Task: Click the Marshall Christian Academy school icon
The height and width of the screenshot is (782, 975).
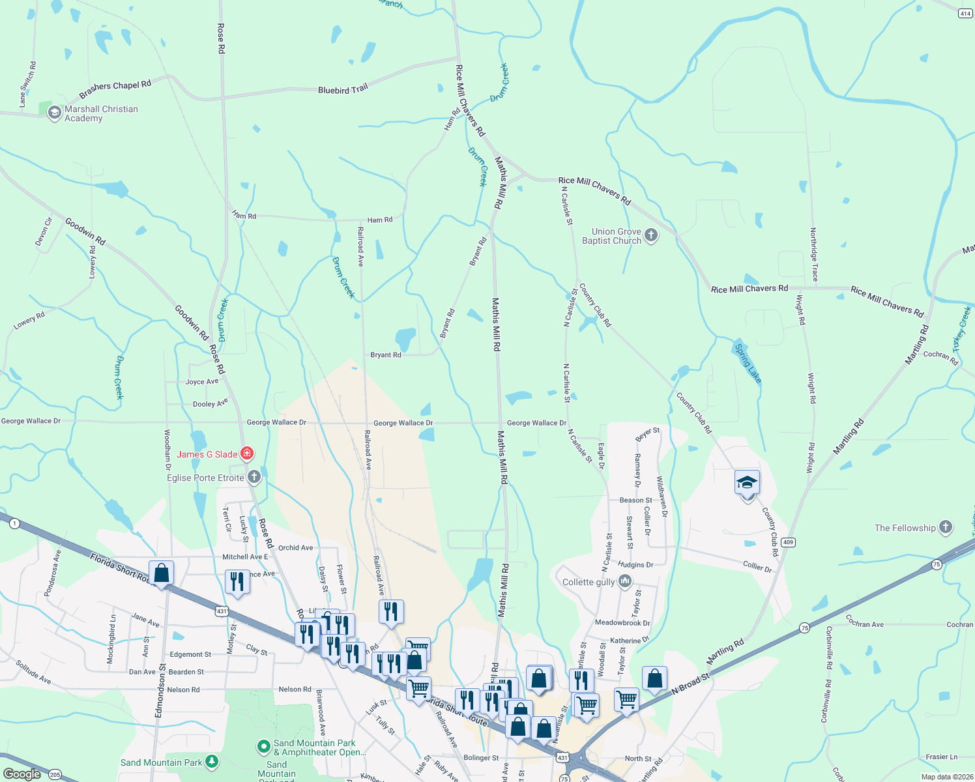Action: click(x=55, y=113)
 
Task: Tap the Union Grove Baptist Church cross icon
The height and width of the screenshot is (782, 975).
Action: click(x=650, y=235)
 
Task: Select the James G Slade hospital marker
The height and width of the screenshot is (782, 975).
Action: click(x=247, y=454)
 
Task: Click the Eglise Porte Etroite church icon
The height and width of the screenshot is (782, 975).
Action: click(x=254, y=478)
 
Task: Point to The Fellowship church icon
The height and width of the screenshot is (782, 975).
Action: click(x=946, y=527)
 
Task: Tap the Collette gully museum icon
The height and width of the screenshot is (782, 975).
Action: click(x=625, y=581)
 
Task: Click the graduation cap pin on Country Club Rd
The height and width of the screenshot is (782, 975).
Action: click(x=747, y=484)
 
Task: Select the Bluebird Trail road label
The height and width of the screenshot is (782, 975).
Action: click(x=343, y=90)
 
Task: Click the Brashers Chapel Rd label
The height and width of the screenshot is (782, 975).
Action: click(x=115, y=89)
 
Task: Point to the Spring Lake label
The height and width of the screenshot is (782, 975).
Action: click(x=748, y=362)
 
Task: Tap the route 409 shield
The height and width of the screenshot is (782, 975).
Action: click(x=789, y=542)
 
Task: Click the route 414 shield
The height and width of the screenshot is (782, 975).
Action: click(x=965, y=13)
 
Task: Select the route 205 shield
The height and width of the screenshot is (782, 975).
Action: click(x=55, y=775)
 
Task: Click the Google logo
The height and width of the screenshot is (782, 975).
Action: click(x=22, y=774)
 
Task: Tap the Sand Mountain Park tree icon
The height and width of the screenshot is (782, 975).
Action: click(x=212, y=761)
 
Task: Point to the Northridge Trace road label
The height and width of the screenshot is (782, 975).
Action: click(x=813, y=254)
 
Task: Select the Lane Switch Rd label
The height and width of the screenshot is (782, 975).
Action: click(x=27, y=85)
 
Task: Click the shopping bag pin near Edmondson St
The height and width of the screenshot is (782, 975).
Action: click(x=161, y=573)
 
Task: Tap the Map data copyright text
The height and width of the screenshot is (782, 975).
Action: click(x=945, y=777)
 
